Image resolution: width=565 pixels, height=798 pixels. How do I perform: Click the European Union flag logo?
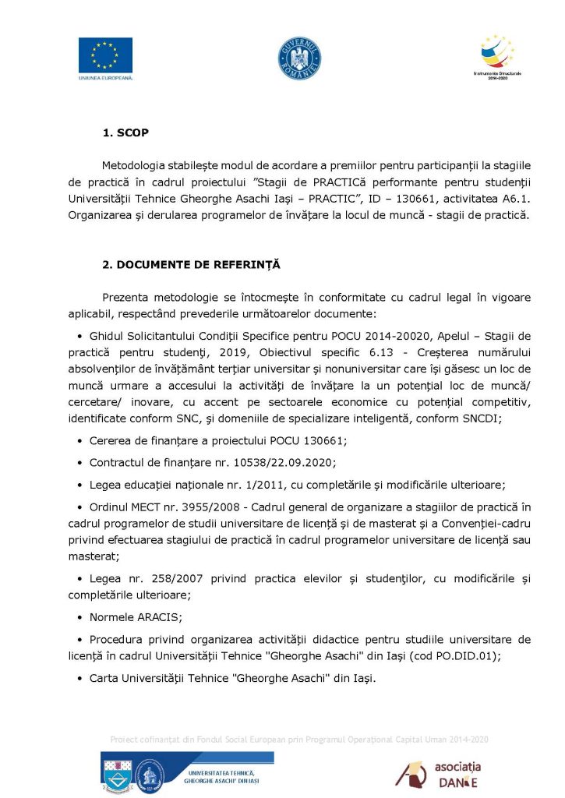tap(105, 55)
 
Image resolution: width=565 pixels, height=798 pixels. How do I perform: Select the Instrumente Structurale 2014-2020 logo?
tap(496, 55)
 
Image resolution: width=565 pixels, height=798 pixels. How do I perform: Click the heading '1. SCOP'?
tap(125, 133)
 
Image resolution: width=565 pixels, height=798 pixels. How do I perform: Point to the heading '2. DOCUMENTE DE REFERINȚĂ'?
tap(192, 265)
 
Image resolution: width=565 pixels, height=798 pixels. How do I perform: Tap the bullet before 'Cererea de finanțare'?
tap(80, 441)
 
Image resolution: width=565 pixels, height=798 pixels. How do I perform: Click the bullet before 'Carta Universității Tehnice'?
tap(80, 679)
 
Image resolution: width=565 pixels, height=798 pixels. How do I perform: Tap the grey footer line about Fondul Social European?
tap(299, 739)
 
